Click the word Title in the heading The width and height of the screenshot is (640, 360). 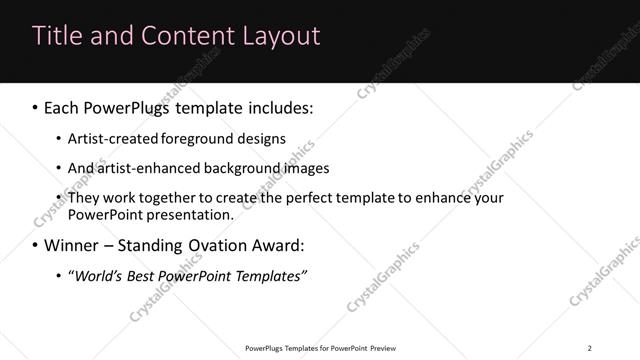(x=58, y=36)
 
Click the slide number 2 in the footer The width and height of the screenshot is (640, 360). (x=589, y=348)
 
